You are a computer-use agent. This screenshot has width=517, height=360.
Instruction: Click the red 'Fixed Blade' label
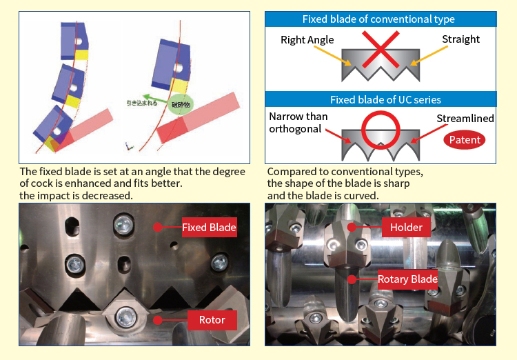(209, 226)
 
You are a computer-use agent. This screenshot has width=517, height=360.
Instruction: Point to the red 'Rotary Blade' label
(407, 279)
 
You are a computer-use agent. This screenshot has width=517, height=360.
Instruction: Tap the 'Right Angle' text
(307, 40)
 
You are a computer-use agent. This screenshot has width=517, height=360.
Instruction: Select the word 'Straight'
(460, 39)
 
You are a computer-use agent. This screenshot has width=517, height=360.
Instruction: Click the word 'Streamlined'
(465, 119)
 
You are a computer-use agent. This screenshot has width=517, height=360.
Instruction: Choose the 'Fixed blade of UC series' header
(380, 99)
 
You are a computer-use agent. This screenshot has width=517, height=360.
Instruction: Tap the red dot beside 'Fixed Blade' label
(158, 226)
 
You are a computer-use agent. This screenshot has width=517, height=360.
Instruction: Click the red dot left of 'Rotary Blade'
(352, 279)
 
